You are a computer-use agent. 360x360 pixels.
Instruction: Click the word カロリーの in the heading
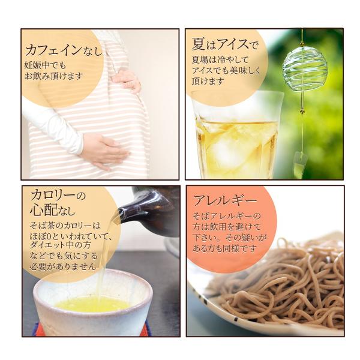58,196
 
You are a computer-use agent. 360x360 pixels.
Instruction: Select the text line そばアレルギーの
226,215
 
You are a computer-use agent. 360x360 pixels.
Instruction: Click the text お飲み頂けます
54,77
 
